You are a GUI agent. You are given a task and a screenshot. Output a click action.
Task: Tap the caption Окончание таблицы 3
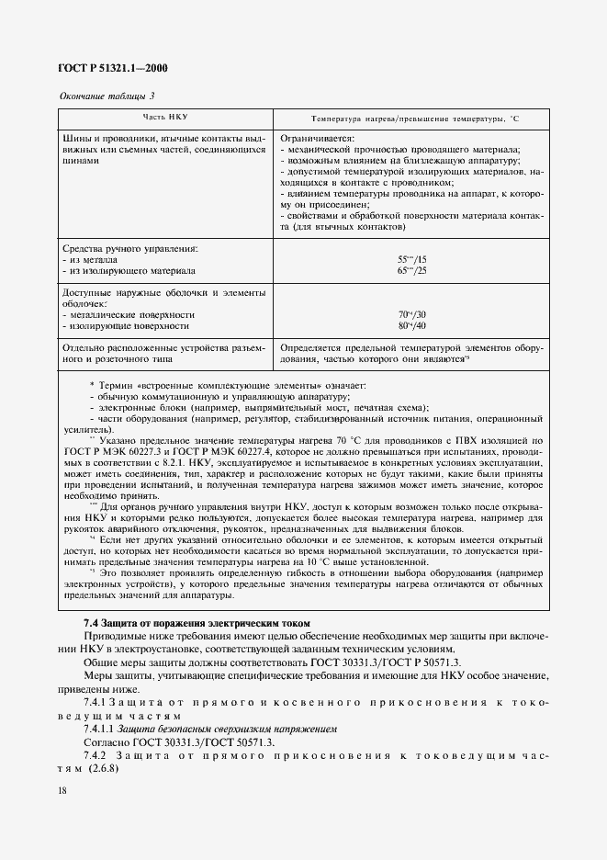[107, 96]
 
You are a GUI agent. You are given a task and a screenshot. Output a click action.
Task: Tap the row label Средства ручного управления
[129, 249]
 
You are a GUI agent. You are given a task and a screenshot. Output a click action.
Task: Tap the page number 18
[62, 790]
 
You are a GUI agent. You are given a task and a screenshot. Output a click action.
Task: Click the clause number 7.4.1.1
[101, 729]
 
